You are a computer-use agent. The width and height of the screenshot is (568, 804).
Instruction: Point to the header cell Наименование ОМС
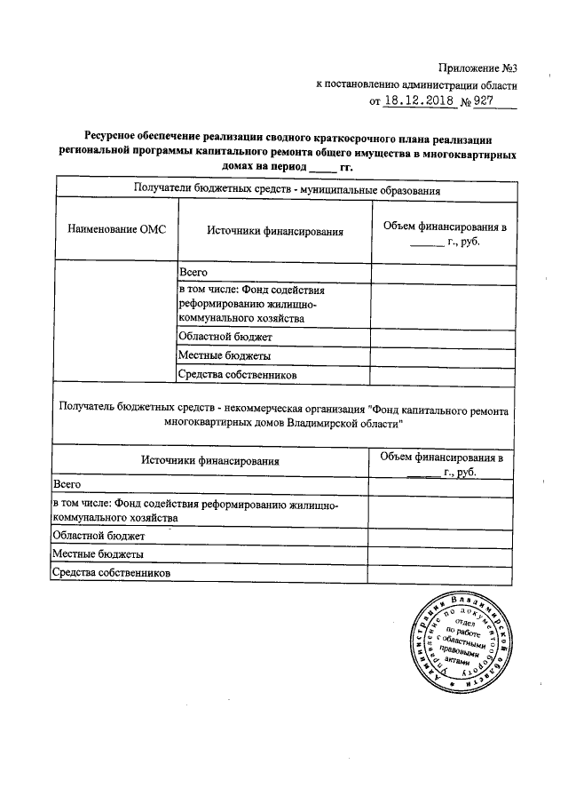pos(116,230)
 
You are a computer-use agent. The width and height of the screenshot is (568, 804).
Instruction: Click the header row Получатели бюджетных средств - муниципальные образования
pos(287,188)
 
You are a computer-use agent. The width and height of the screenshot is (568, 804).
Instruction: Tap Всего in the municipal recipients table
pos(193,273)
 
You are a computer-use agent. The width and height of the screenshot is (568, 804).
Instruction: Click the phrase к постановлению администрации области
pos(415,84)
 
